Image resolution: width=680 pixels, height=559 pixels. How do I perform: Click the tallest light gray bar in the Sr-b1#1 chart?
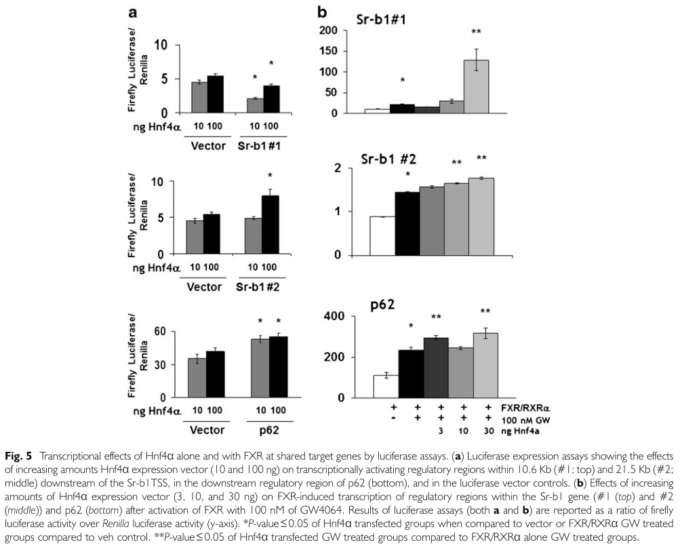click(x=476, y=87)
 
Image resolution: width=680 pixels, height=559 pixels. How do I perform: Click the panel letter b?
click(x=323, y=12)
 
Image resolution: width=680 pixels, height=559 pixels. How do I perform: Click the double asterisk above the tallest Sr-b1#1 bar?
click(x=476, y=32)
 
